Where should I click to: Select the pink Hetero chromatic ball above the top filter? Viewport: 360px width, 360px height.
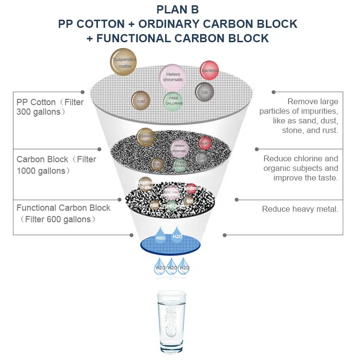pyautogui.click(x=172, y=77)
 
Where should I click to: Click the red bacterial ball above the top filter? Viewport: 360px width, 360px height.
pyautogui.click(x=209, y=71)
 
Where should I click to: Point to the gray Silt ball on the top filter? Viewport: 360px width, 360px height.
pyautogui.click(x=204, y=92)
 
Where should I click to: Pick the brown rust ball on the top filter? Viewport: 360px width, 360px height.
pyautogui.click(x=141, y=101)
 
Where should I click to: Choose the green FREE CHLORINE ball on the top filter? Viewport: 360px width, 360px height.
pyautogui.click(x=173, y=101)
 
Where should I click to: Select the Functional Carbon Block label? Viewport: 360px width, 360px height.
pyautogui.click(x=63, y=208)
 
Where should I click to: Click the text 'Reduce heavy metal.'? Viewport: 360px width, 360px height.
pyautogui.click(x=300, y=209)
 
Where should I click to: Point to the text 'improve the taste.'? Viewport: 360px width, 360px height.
pyautogui.click(x=306, y=178)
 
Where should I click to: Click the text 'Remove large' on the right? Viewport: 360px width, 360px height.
pyautogui.click(x=312, y=101)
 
